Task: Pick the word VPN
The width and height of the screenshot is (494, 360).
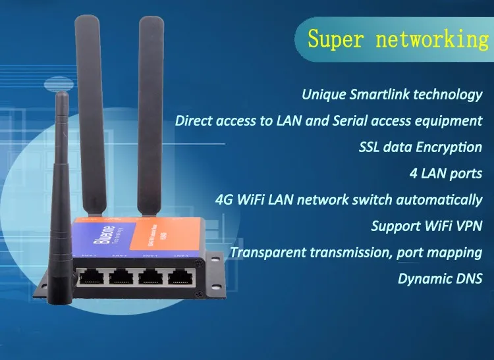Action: [468, 226]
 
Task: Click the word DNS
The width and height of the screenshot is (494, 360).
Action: [468, 278]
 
